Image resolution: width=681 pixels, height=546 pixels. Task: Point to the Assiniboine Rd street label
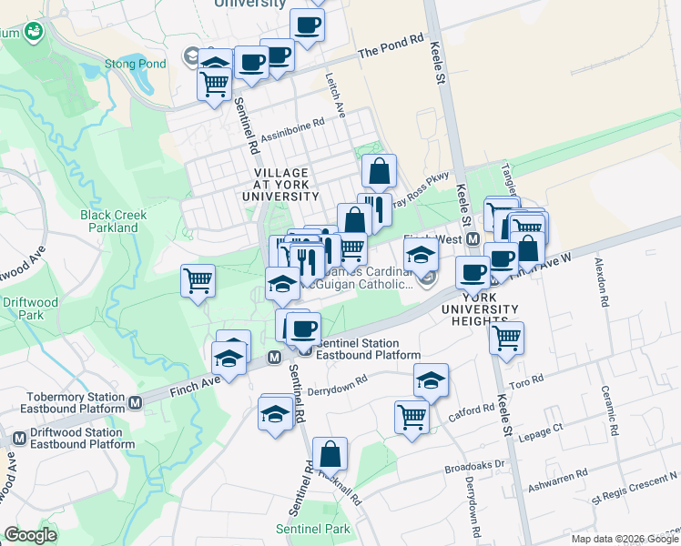point(293,132)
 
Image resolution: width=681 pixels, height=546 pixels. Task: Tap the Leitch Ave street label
point(338,95)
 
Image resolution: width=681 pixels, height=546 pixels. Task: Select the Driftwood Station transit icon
point(19,439)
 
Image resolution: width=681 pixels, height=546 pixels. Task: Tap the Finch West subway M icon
point(473,239)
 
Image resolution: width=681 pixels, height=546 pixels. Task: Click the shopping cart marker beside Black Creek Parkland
point(198,281)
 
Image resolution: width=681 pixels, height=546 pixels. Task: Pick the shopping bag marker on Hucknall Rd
point(330,454)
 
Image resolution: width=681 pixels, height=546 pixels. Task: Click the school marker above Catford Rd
point(431,380)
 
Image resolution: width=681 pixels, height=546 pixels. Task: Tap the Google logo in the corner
point(31,535)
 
